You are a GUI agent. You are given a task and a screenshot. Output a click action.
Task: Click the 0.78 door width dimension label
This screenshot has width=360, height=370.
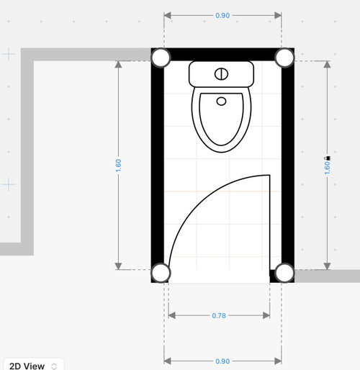coord(219,315)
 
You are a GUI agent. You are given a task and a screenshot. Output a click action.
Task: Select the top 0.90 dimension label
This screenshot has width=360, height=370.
coord(222,16)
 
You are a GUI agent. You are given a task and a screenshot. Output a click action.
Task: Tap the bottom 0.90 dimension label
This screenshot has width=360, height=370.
coord(222,361)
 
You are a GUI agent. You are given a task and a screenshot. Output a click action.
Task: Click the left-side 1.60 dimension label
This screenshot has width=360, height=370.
coord(118,166)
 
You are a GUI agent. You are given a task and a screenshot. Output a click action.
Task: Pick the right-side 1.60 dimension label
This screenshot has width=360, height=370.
coord(327,168)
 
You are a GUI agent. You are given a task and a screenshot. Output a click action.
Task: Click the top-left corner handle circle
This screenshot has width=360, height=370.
coord(161,58)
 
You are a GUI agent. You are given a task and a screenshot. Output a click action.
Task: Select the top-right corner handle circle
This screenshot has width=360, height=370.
coord(284,58)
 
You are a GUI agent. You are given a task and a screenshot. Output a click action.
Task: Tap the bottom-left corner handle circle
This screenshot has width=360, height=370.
coord(161,273)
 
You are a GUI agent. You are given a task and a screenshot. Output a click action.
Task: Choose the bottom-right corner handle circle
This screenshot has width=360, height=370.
coord(284,273)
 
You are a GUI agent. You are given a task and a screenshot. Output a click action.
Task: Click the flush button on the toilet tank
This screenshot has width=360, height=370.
coord(221,74)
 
